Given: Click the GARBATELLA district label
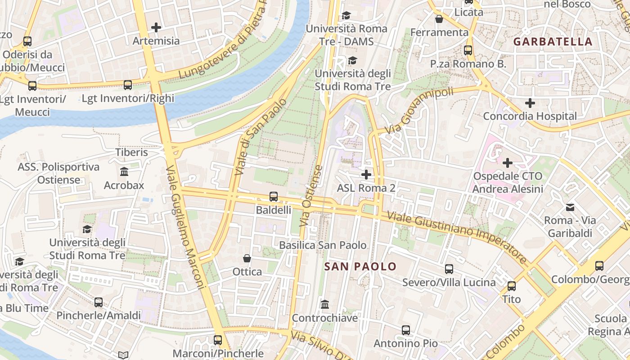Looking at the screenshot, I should point(553,42).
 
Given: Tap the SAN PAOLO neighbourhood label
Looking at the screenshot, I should point(360,266).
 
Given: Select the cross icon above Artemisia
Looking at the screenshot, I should point(156,27).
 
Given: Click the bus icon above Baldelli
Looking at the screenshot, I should point(273,197).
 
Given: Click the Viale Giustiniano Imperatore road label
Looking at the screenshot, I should point(456,237).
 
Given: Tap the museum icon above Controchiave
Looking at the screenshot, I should point(325,305).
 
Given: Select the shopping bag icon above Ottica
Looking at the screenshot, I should point(247,258).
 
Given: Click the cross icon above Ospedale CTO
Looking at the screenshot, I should point(508,162).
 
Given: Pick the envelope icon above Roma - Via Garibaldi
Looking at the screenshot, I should point(570,207).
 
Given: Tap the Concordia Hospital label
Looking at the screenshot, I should point(530,116).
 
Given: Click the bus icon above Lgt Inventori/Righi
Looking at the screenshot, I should point(128,85).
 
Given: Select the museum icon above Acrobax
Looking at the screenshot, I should point(124,171).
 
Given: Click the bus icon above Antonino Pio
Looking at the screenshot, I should point(406,330).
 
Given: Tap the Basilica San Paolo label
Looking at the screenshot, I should point(323,245).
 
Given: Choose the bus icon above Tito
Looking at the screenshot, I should point(512,286).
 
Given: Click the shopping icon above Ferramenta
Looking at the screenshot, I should point(439,19).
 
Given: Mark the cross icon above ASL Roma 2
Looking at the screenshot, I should point(366,174).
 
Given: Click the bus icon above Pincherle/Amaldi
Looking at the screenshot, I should point(99,302).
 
